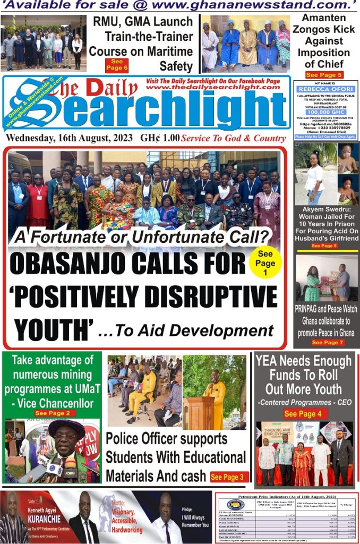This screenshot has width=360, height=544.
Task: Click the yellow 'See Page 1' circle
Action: point(265,263)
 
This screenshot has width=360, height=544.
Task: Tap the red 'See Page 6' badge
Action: point(118,64)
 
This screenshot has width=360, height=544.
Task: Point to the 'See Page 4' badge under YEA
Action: point(303,414)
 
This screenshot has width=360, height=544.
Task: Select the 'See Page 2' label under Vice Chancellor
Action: point(52,413)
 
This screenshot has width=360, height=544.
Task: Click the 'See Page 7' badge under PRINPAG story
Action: point(328,343)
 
